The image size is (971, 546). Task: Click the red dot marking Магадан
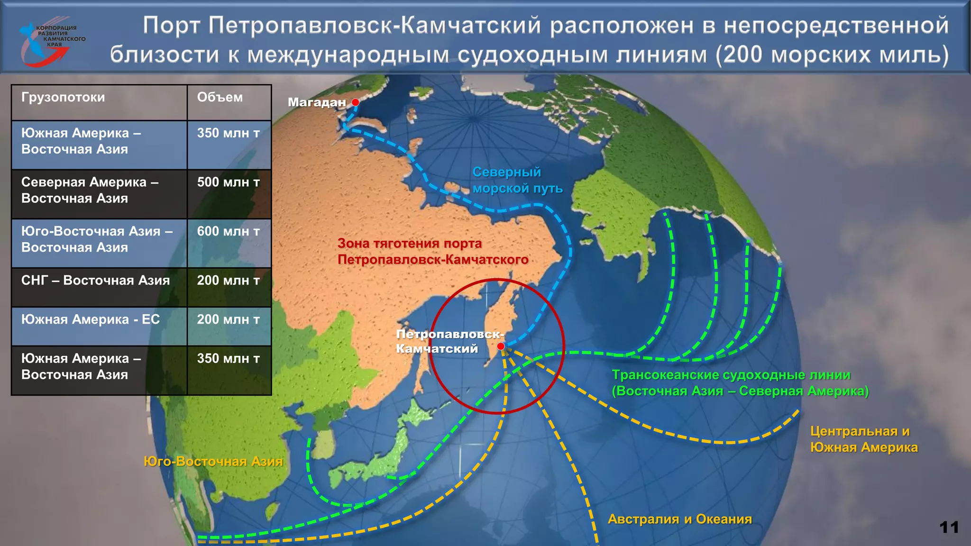tap(356, 102)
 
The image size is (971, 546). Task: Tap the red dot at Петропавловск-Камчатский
tap(501, 346)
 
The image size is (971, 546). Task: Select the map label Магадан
tap(317, 102)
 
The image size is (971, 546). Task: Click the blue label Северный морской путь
tap(517, 181)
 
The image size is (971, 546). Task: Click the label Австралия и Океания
tap(679, 519)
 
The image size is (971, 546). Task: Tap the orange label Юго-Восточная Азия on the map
tap(213, 462)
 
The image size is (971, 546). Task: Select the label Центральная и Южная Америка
tap(863, 439)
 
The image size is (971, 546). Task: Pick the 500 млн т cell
tap(229, 182)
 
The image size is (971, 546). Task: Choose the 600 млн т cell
tap(229, 232)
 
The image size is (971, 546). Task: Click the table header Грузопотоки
tap(63, 98)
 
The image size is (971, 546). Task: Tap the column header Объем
tap(220, 98)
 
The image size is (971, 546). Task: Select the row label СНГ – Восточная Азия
tap(95, 281)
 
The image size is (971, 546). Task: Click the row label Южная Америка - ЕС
tap(91, 320)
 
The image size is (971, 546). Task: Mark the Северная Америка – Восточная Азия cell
tap(90, 191)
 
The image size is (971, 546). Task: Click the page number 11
tap(949, 528)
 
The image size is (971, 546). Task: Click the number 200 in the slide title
tap(742, 55)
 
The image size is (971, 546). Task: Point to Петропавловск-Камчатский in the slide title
tap(375, 26)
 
